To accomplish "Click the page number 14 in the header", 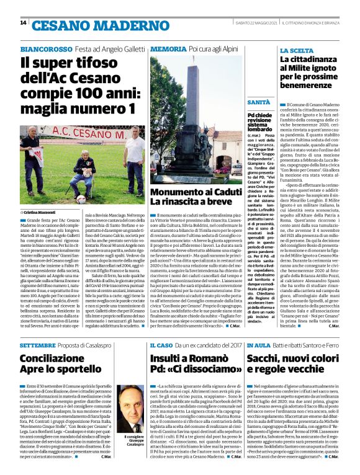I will [23, 23].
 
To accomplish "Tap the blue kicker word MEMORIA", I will [164, 48].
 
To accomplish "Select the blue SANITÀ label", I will [258, 101].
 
